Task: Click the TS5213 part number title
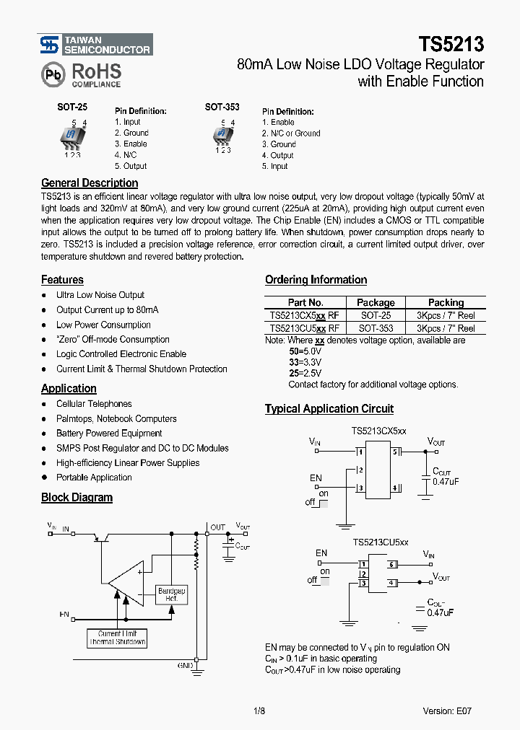(448, 45)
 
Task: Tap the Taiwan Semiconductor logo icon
(49, 45)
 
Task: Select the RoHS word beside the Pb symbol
(95, 71)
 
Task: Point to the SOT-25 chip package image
(71, 137)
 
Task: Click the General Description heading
(90, 183)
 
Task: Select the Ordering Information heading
(316, 280)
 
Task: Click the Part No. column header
(305, 303)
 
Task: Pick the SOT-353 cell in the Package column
(376, 328)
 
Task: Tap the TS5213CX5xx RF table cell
(304, 316)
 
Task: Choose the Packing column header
(446, 303)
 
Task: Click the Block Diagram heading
(77, 497)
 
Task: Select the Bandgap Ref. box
(172, 595)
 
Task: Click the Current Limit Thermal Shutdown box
(117, 638)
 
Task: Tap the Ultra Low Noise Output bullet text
(100, 295)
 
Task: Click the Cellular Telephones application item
(94, 404)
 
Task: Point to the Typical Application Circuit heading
(329, 409)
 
